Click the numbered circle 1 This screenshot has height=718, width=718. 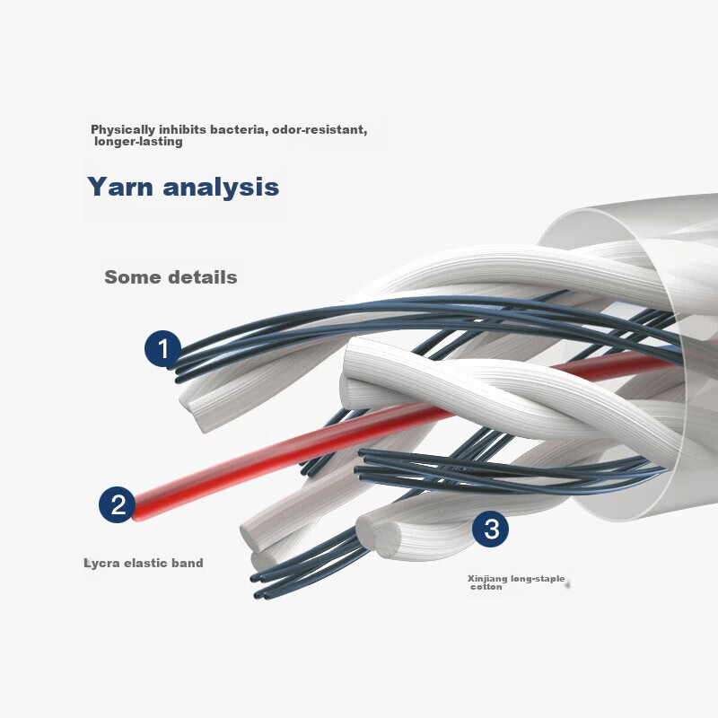(163, 348)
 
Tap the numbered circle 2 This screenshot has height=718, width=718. (118, 504)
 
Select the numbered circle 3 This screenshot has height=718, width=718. (490, 529)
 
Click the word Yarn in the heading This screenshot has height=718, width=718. (120, 187)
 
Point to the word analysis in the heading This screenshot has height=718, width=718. (221, 188)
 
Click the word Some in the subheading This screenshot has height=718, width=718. (132, 277)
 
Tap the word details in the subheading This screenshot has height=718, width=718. (203, 277)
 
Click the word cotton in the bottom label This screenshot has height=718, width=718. (486, 587)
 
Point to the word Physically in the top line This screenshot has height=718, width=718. (123, 130)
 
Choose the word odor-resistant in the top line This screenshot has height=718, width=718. (320, 129)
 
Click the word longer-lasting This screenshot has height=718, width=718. (138, 142)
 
